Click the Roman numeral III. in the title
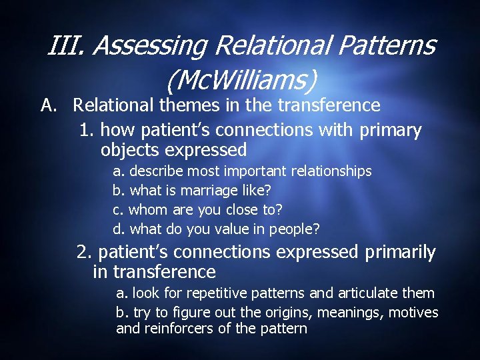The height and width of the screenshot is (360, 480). point(67,46)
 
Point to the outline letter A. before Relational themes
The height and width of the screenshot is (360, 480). point(48,105)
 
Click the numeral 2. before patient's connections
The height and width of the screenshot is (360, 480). point(85,253)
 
